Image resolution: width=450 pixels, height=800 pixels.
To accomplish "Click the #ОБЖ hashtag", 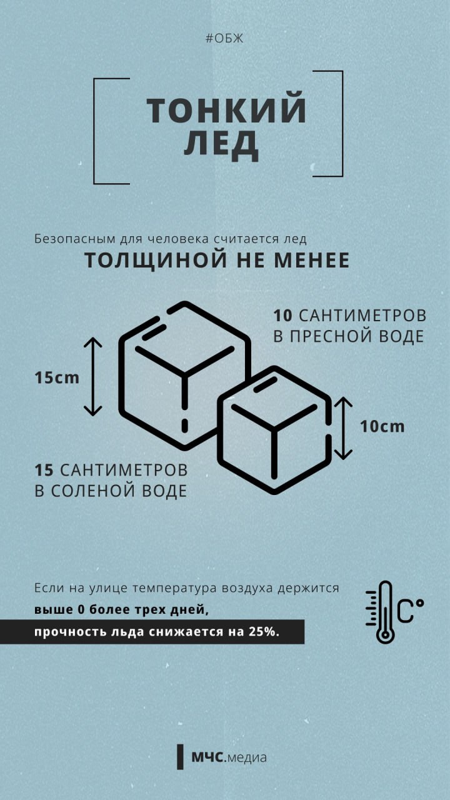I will click(224, 39).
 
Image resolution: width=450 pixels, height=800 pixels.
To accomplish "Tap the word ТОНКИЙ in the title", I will click(227, 110).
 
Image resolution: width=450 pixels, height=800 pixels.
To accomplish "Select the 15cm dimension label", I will click(57, 377).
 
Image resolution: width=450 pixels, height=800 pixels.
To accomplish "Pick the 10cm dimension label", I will click(382, 427).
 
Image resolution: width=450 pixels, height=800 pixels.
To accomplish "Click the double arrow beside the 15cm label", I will click(92, 377).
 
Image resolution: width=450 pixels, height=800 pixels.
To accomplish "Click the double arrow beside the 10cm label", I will click(343, 427).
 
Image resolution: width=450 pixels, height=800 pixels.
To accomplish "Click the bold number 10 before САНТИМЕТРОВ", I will click(283, 315).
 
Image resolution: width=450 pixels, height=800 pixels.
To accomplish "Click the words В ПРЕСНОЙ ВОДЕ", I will click(349, 336).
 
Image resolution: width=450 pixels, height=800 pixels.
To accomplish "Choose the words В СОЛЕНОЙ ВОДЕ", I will click(111, 491).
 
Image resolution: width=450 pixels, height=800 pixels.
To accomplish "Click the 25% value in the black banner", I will click(263, 632).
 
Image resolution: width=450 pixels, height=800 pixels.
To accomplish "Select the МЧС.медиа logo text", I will click(229, 757).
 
